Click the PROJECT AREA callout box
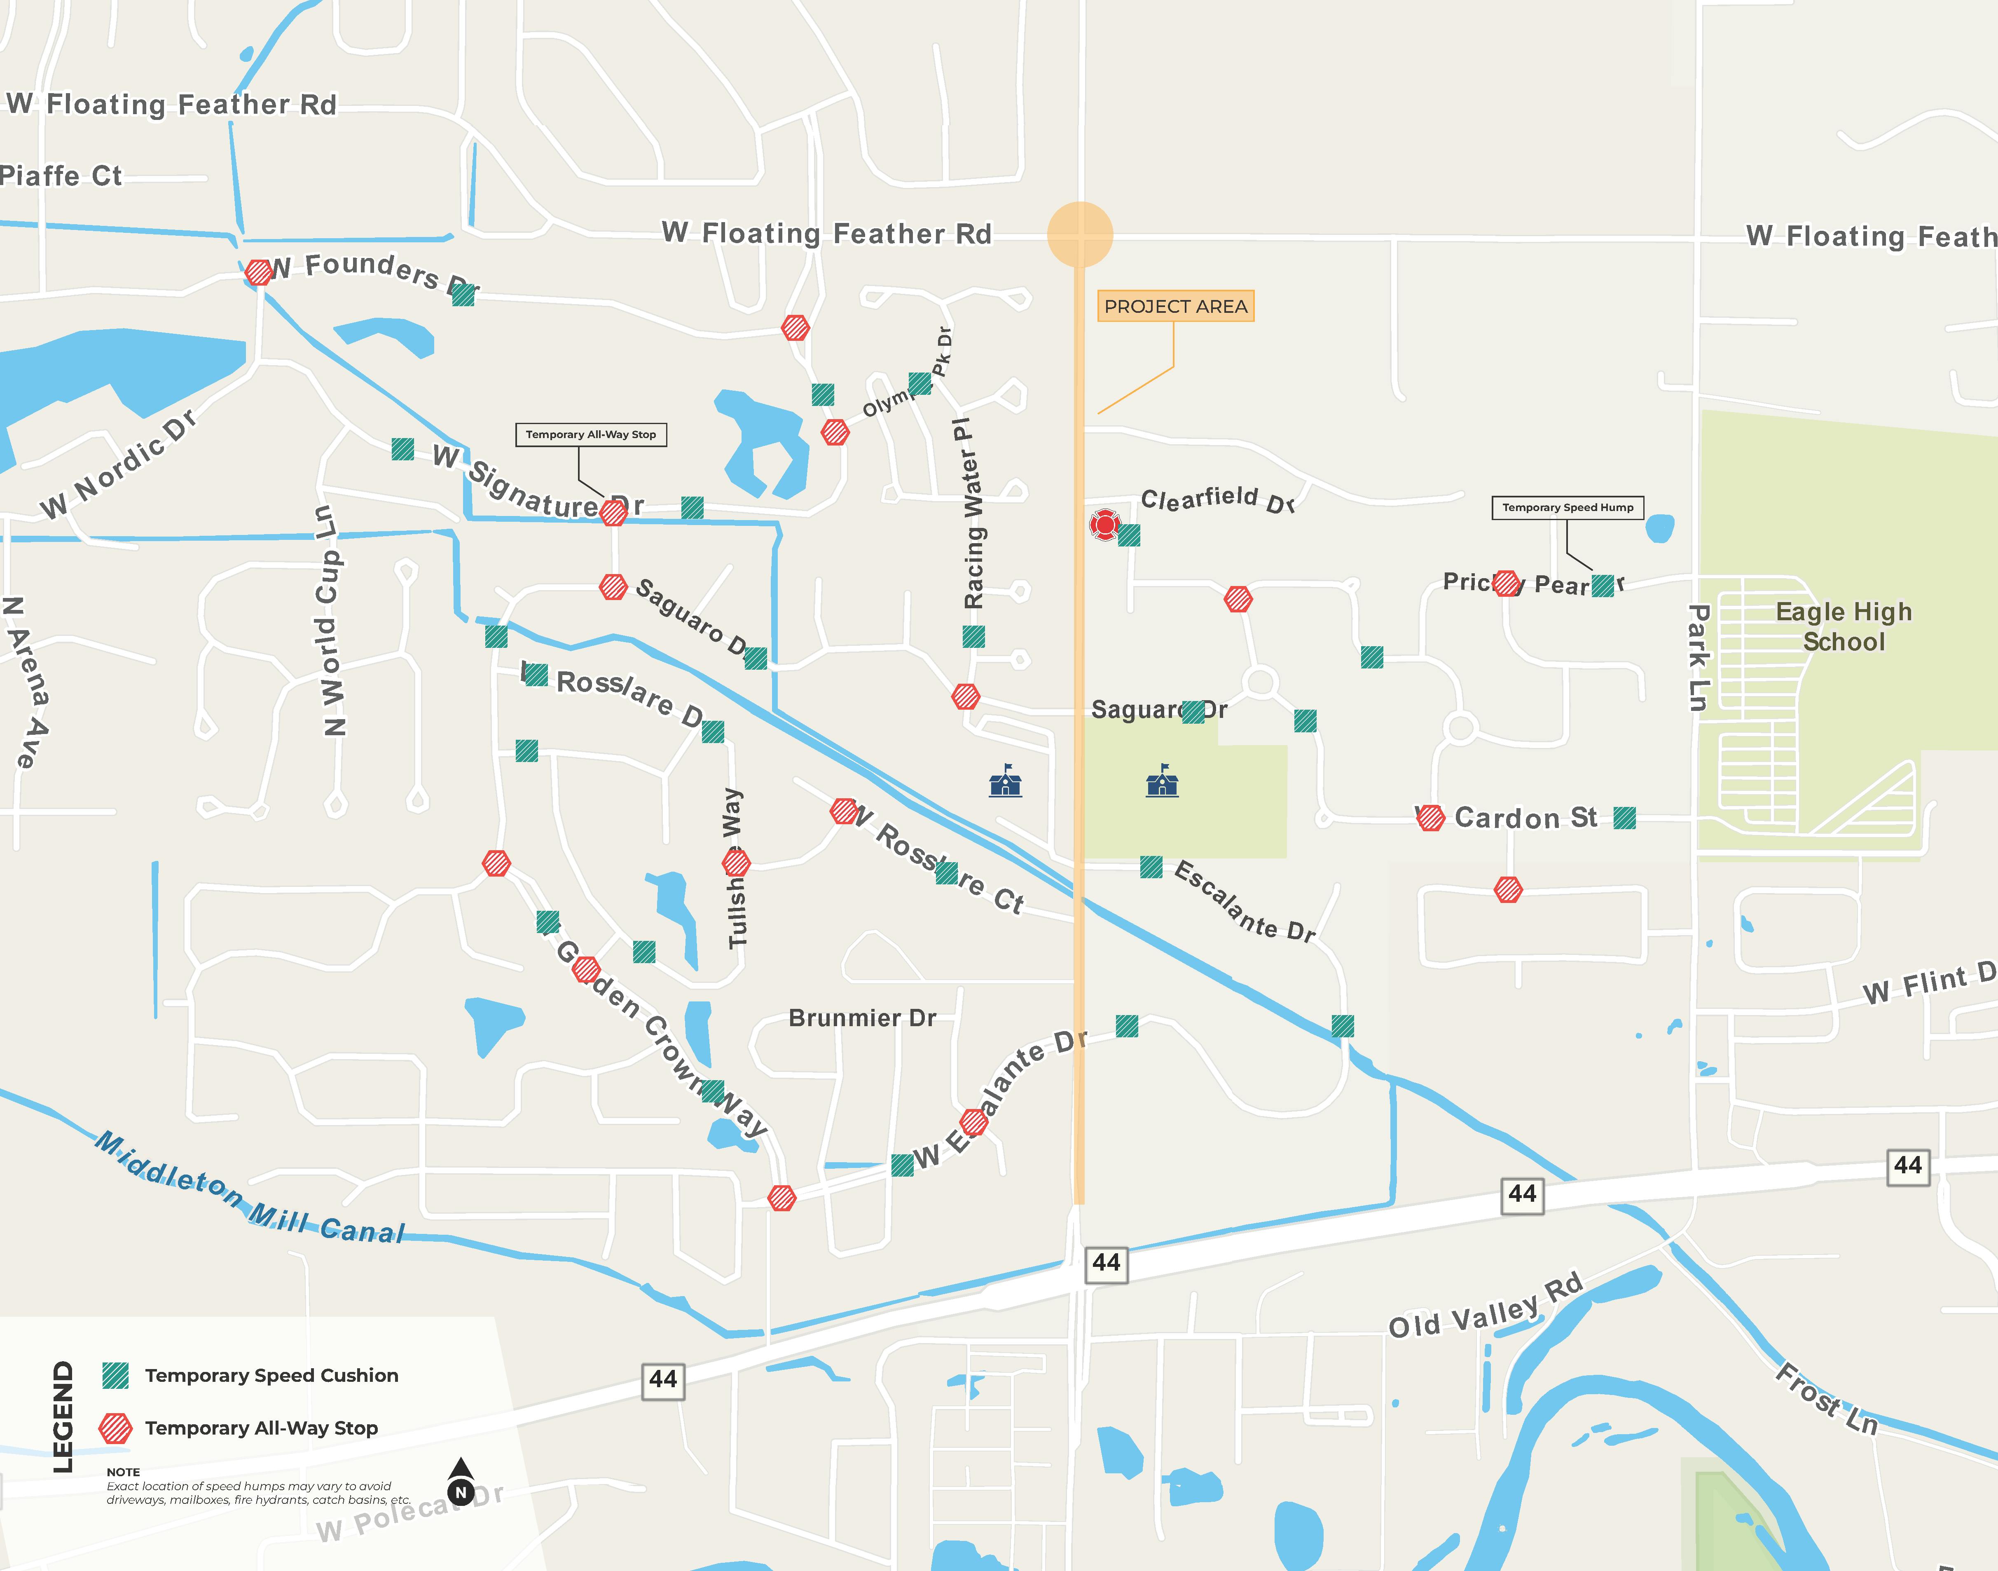click(1175, 306)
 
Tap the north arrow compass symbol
click(461, 1481)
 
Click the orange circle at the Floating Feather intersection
click(1081, 234)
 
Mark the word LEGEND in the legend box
click(63, 1416)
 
